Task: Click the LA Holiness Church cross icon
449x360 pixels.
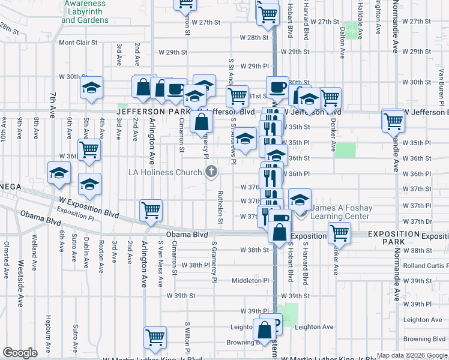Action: coord(211,172)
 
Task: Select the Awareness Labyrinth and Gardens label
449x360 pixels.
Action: coord(85,11)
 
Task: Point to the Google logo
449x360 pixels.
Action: coord(20,353)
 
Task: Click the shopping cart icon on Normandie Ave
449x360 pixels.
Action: coord(393,121)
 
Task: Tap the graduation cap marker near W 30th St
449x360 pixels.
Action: coord(91,88)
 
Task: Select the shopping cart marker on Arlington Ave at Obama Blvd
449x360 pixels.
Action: coord(150,210)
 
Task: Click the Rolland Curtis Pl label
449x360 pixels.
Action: coord(426,266)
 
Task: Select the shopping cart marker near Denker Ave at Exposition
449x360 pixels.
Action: coord(339,234)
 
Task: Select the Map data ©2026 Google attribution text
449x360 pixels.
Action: coord(411,355)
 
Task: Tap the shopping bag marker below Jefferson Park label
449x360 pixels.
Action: coord(202,122)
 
